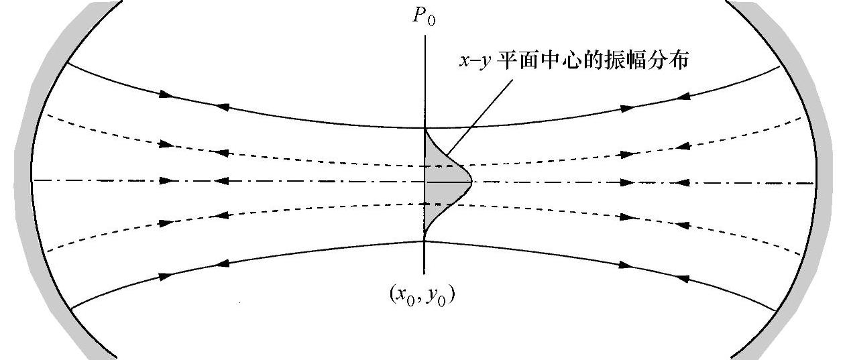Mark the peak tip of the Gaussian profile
click(x=472, y=181)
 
